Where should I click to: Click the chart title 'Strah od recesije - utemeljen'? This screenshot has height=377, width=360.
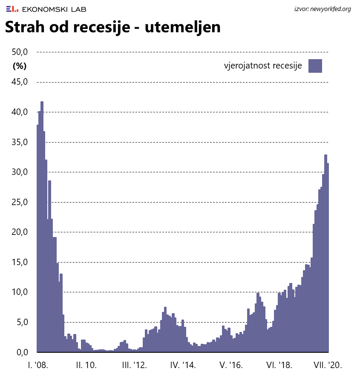click(x=112, y=27)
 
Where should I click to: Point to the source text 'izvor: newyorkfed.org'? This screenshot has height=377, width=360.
click(x=323, y=9)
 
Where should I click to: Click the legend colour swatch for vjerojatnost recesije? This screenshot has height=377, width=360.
click(x=315, y=66)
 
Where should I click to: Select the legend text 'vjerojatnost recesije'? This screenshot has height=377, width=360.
click(x=263, y=66)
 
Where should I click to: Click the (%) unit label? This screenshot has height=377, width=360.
click(x=20, y=66)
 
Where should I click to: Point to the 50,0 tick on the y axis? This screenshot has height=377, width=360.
click(x=20, y=52)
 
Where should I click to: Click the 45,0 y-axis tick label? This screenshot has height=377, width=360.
click(x=20, y=82)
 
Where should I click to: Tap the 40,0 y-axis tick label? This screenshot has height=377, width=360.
click(x=20, y=112)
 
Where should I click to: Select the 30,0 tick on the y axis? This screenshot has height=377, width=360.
click(x=20, y=172)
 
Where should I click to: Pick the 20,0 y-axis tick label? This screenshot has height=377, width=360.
click(x=20, y=232)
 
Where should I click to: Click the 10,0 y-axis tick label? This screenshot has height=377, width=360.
click(x=20, y=292)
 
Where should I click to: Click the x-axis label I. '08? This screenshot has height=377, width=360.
click(x=37, y=365)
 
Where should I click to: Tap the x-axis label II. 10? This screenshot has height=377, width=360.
click(x=86, y=365)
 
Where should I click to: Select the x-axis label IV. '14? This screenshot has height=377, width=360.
click(x=183, y=365)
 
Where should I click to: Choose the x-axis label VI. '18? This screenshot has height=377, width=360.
click(x=279, y=365)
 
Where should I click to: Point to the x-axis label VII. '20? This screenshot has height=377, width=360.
click(x=327, y=365)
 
